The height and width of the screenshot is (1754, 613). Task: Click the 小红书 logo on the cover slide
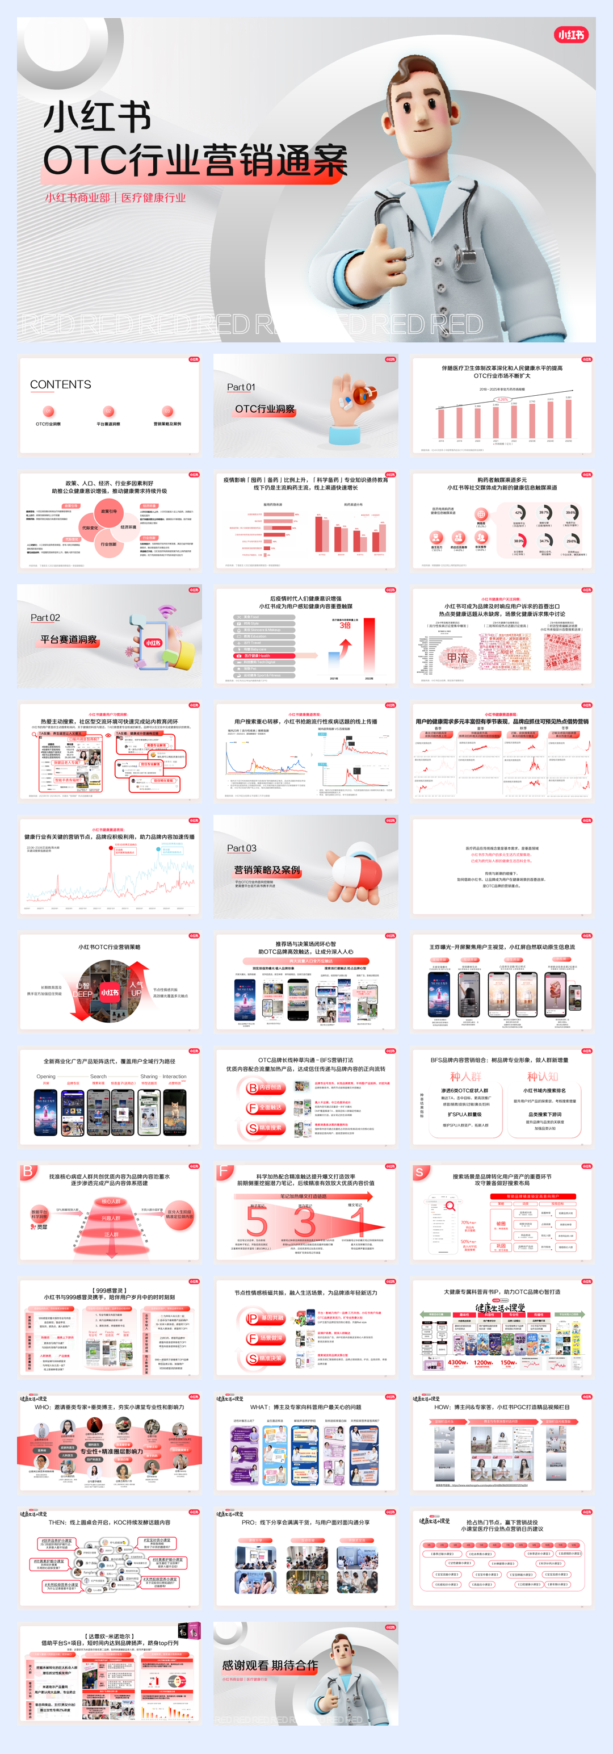pos(571,35)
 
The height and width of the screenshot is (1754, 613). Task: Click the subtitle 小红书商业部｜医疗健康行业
pos(116,198)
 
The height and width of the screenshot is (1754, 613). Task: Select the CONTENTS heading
pos(61,385)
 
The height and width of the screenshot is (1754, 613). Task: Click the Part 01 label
pos(241,387)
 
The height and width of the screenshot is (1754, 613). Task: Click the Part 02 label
pos(45,618)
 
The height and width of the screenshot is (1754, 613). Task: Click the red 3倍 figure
pos(345,625)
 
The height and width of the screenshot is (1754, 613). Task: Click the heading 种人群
pos(465,1077)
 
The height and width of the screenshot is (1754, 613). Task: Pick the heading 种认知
pos(542,1077)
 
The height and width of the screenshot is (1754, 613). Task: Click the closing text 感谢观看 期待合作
pos(270,1665)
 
